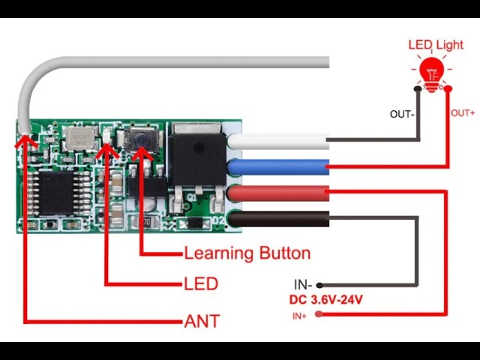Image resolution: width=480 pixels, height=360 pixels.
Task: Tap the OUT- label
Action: [x=402, y=114]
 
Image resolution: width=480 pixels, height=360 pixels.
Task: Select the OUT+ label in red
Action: [x=463, y=113]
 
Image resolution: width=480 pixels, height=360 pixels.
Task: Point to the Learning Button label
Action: [x=247, y=253]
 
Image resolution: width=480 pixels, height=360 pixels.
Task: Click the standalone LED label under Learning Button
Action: [x=200, y=283]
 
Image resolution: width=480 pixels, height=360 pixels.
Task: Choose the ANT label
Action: [x=202, y=322]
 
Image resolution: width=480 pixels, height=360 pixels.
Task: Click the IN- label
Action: [x=302, y=285]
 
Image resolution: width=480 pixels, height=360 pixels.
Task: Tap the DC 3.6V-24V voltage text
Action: [x=326, y=300]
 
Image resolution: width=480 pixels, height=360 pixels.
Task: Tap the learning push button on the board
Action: [x=139, y=139]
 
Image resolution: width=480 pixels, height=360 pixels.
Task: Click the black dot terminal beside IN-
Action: [x=319, y=285]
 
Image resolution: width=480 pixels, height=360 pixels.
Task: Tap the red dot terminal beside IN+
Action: [x=319, y=314]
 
